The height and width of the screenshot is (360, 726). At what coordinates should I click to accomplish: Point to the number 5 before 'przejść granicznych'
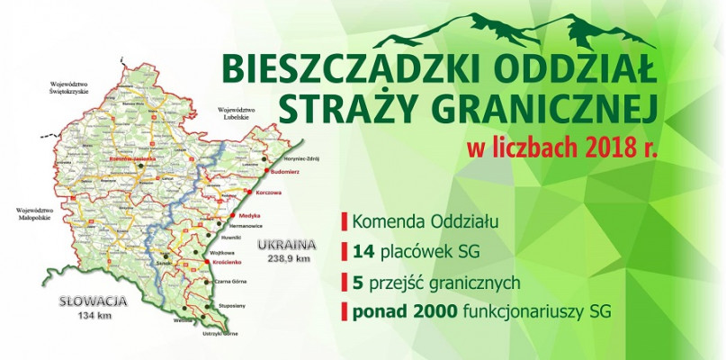(358, 282)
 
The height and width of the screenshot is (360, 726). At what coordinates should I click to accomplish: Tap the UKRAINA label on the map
(286, 245)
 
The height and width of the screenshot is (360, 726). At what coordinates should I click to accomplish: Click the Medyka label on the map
(247, 215)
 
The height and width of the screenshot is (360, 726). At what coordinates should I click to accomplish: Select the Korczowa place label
(269, 192)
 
